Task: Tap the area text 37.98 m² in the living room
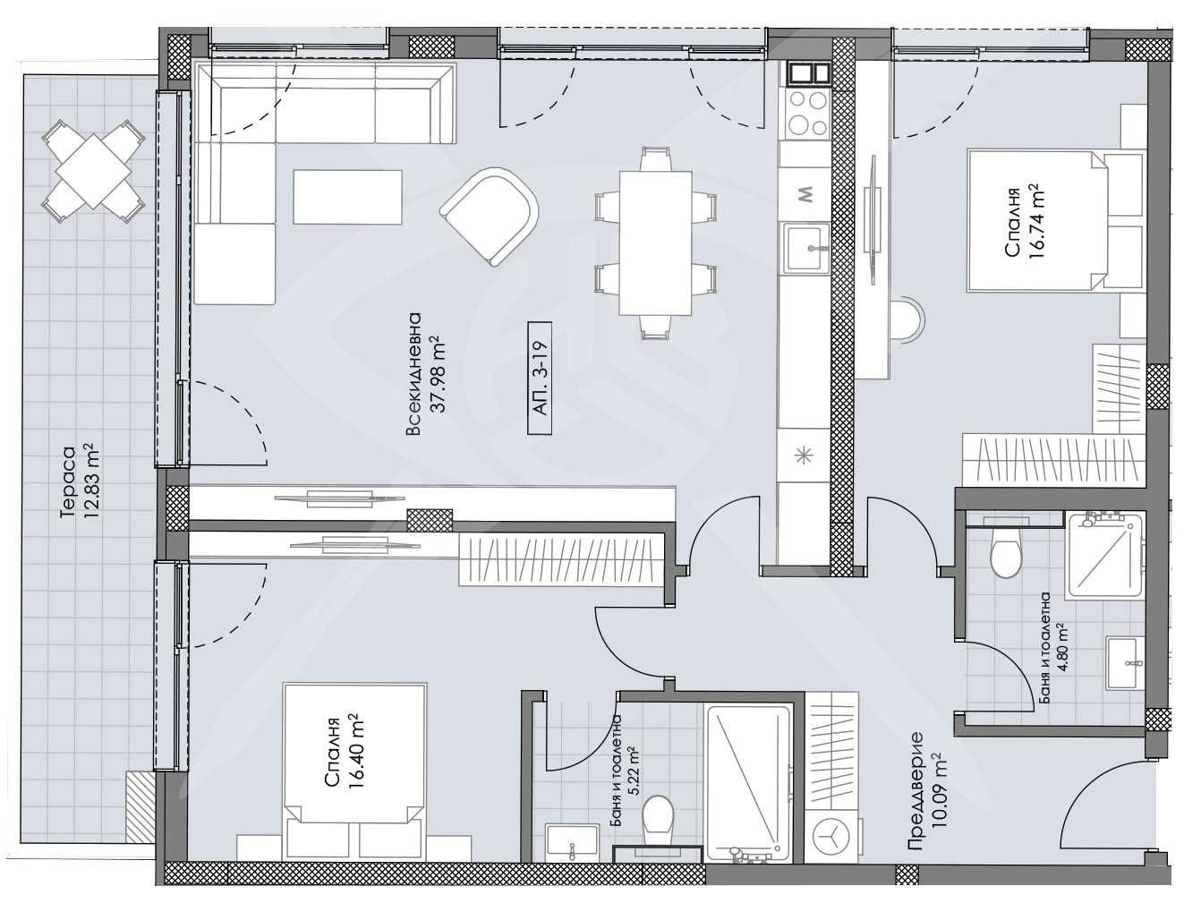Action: tap(437, 376)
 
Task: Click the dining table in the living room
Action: tap(655, 243)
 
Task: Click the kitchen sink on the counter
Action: tap(808, 246)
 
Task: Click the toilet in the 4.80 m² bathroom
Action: tap(1007, 555)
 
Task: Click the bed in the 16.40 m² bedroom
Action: tap(353, 761)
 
